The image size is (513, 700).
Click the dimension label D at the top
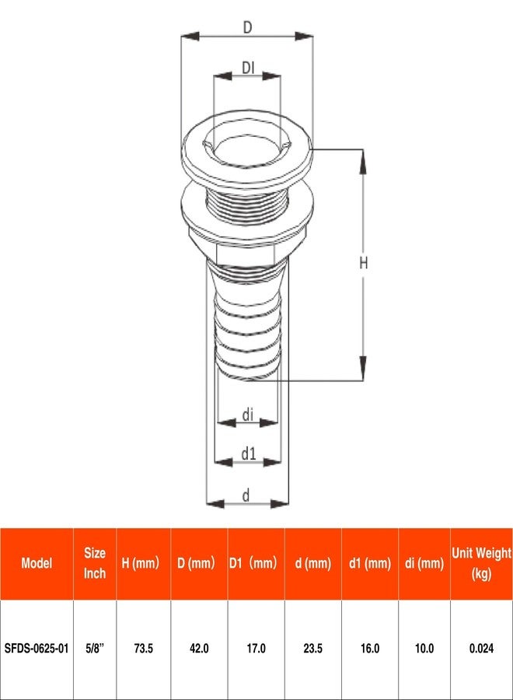247,27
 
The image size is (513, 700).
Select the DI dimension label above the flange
248,68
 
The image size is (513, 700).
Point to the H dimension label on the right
363,264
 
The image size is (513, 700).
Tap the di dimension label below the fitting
247,415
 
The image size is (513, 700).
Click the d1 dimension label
248,453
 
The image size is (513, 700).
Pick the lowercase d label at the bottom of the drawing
246,494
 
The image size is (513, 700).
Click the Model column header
37,563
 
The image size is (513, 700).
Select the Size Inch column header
95,563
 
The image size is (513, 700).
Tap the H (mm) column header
143,563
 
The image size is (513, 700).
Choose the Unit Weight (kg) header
481,563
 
